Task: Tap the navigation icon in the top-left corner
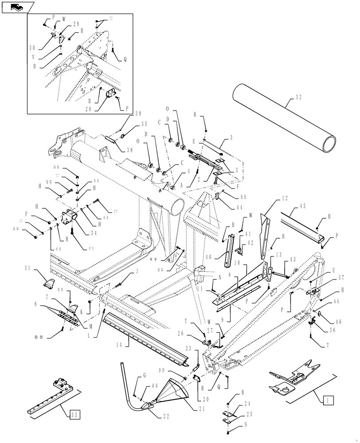16,7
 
